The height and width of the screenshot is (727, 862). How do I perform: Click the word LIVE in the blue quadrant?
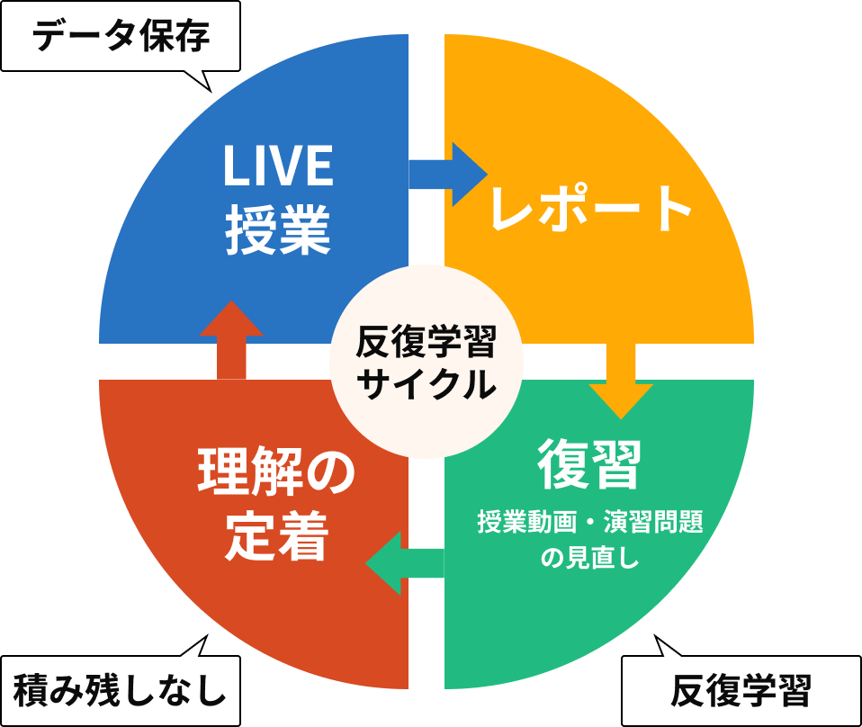tap(278, 166)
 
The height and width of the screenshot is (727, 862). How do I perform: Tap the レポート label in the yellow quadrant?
tap(590, 210)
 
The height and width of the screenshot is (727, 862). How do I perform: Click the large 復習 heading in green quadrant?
tap(589, 464)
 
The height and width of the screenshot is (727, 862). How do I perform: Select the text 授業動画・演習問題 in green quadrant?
tap(590, 522)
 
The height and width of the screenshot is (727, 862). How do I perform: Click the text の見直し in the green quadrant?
tap(589, 559)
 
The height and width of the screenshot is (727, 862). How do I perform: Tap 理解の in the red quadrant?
tap(276, 473)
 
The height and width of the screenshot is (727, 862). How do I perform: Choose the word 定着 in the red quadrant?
tap(275, 536)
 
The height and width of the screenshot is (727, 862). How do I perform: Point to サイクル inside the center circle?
tap(426, 384)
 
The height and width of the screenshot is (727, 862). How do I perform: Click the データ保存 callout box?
tap(120, 36)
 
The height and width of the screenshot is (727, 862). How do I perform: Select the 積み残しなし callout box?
tap(120, 691)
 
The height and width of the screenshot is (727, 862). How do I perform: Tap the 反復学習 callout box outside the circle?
tap(741, 691)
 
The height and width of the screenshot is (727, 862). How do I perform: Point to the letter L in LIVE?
tap(233, 166)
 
